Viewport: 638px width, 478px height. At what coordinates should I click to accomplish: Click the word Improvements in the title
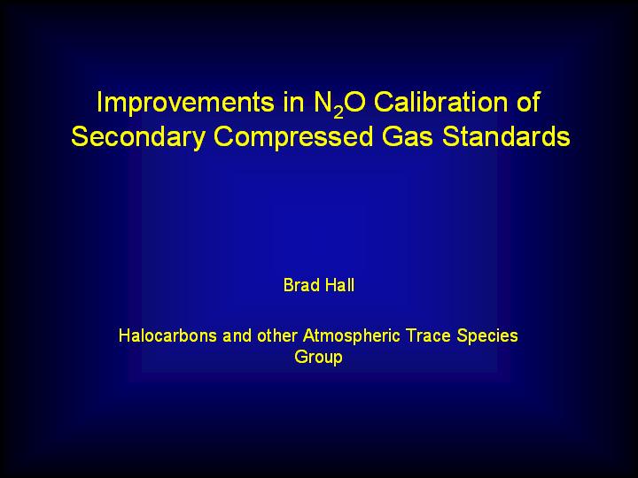click(x=185, y=104)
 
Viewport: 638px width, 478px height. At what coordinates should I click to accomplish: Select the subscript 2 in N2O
click(x=338, y=112)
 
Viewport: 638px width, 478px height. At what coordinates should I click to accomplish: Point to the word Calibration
click(x=441, y=102)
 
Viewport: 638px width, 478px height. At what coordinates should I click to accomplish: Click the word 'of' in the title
click(x=528, y=102)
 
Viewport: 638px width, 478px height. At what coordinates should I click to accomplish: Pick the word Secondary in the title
click(x=138, y=137)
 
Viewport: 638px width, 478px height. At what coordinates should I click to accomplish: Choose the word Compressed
click(x=293, y=137)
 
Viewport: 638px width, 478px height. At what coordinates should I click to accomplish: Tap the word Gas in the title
click(x=408, y=136)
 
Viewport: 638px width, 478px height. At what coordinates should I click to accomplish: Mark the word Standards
click(x=506, y=136)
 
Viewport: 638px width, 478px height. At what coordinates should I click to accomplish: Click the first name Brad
click(x=301, y=285)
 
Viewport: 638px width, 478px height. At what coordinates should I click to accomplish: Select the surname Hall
click(x=339, y=285)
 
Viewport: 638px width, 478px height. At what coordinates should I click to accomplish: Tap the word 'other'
click(x=277, y=335)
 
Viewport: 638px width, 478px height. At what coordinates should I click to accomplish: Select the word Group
click(x=319, y=358)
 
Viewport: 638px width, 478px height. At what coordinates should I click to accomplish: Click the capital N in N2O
click(x=323, y=102)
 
